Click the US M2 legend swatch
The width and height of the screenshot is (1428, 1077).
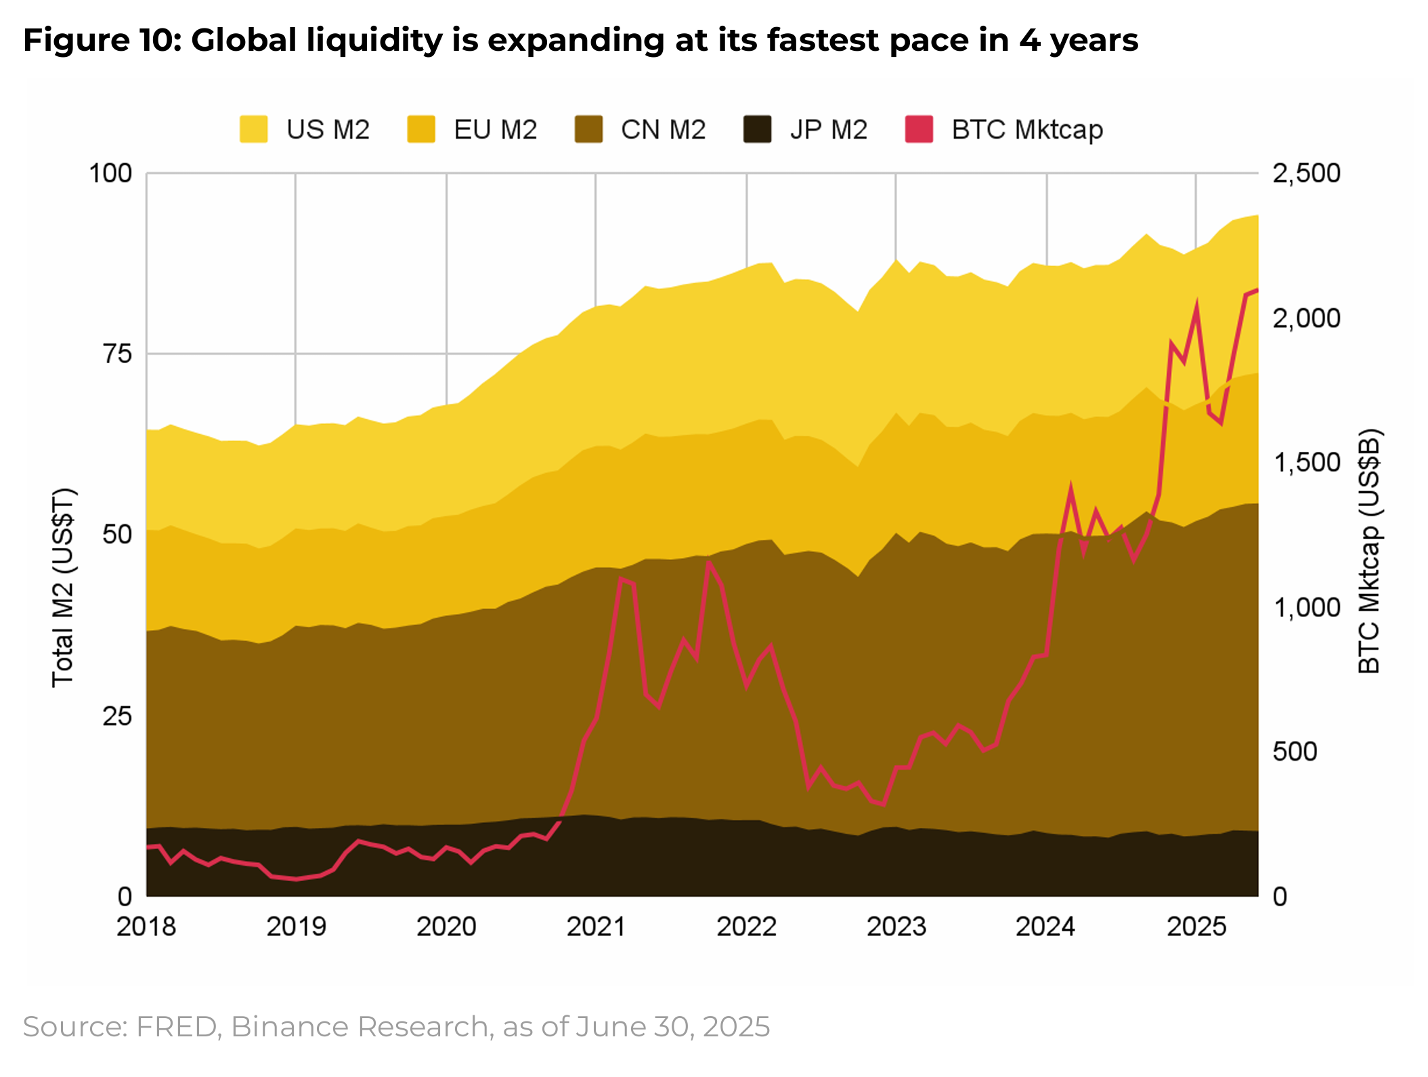(254, 129)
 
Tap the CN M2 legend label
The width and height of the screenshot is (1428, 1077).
(663, 129)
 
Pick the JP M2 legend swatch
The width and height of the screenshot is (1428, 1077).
(757, 129)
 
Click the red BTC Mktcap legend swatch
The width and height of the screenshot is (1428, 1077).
(919, 129)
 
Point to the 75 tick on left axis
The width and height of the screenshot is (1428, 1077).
(117, 354)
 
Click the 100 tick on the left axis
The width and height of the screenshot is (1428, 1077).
(110, 173)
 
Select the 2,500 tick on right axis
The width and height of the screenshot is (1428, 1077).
(1306, 173)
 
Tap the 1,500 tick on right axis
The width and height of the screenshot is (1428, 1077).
(1306, 463)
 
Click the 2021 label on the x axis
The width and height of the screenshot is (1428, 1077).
(596, 926)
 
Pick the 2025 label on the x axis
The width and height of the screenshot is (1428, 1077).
(1196, 926)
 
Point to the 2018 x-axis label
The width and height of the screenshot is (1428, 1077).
(146, 926)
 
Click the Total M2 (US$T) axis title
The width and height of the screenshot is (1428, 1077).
(63, 587)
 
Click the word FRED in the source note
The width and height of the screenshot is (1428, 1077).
(176, 1027)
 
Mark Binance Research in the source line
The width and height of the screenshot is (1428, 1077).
(360, 1027)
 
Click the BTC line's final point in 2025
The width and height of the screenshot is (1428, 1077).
(1257, 291)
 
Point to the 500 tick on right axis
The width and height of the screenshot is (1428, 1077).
(1295, 752)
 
